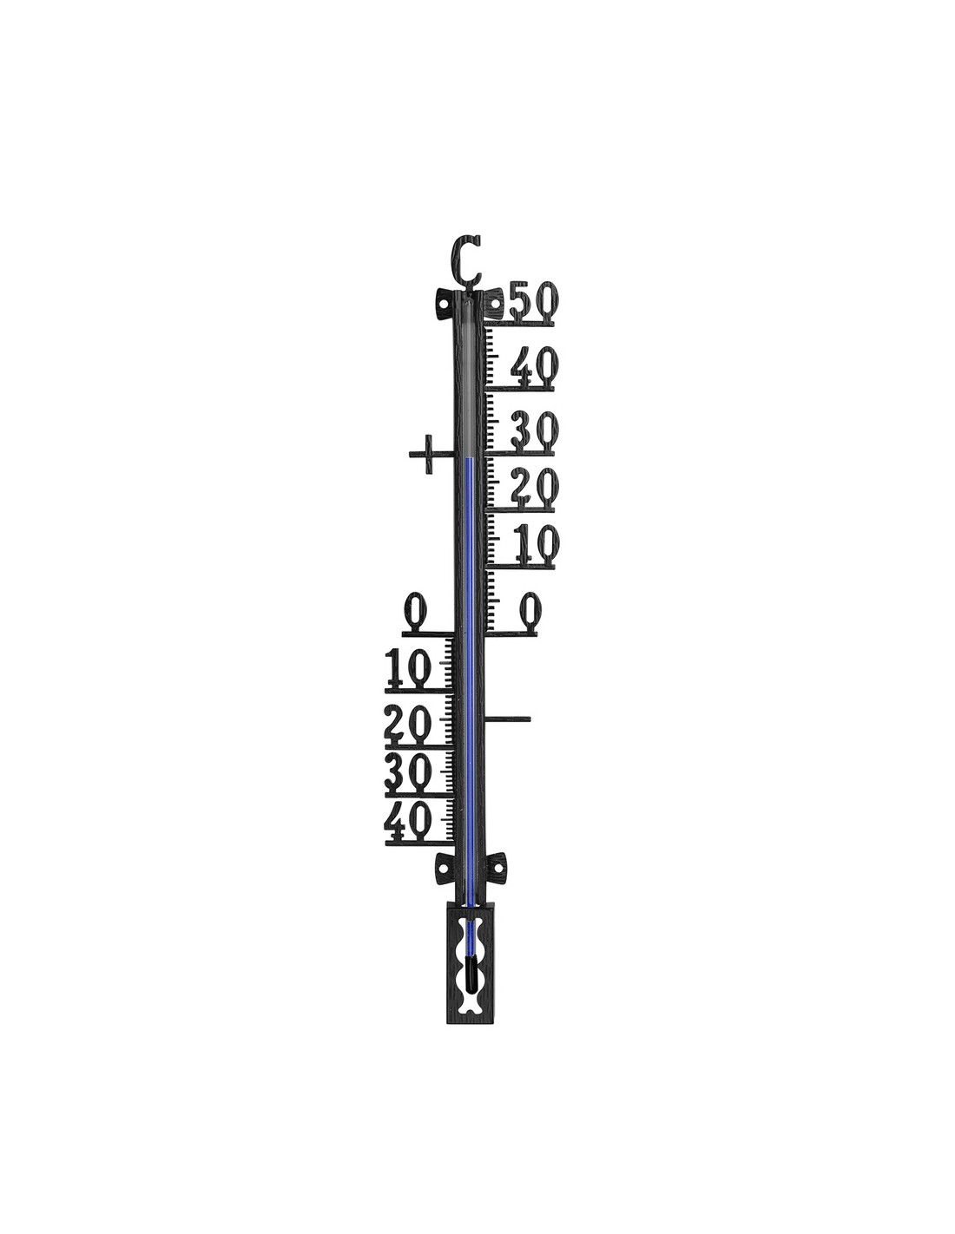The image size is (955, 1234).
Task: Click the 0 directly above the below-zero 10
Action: pos(417,611)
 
